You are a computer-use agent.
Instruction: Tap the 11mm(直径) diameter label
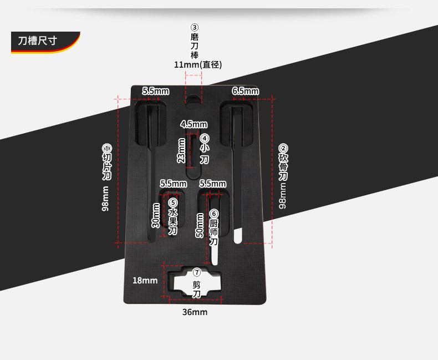[198, 65]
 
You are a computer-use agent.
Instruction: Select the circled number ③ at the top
[195, 27]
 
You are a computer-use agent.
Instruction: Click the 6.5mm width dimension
[245, 90]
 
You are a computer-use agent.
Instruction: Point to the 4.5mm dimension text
[194, 124]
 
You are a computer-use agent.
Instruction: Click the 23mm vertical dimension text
[181, 150]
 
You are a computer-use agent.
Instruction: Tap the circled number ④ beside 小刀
[205, 138]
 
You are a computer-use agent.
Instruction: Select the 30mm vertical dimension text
[156, 216]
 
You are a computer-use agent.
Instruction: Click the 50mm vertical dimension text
[200, 225]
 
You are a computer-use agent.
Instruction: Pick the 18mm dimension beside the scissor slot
[145, 280]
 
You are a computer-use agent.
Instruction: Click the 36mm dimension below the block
[195, 312]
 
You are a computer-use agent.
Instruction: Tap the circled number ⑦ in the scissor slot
[196, 272]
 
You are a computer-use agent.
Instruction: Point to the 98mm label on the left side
[105, 198]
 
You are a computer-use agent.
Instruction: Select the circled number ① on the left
[106, 149]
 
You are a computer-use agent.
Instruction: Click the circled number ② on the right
[283, 148]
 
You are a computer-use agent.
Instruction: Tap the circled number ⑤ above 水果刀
[172, 202]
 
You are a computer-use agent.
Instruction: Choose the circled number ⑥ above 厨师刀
[214, 214]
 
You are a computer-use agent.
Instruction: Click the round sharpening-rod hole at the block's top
[192, 100]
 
